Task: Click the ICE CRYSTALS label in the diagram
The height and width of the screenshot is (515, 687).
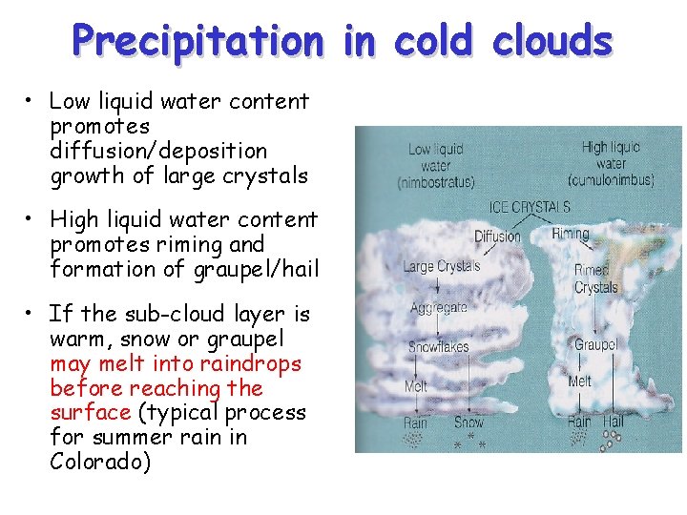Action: click(x=530, y=206)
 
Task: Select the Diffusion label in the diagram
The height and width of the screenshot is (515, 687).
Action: click(x=498, y=236)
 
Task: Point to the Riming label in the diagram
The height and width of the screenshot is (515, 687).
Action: click(x=570, y=233)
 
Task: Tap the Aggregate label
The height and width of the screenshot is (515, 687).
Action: click(x=439, y=307)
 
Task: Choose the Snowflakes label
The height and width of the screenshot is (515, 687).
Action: click(x=439, y=347)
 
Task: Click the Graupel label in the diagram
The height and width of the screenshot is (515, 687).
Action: click(x=595, y=343)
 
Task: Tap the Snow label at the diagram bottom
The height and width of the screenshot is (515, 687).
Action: click(x=468, y=422)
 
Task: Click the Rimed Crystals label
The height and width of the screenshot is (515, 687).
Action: click(x=596, y=279)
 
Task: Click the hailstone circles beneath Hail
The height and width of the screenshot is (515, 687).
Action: click(x=609, y=438)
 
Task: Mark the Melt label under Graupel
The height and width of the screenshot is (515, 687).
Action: click(x=579, y=381)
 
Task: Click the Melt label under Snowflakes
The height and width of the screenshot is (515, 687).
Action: click(x=416, y=387)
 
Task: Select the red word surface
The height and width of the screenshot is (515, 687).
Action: click(x=90, y=413)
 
